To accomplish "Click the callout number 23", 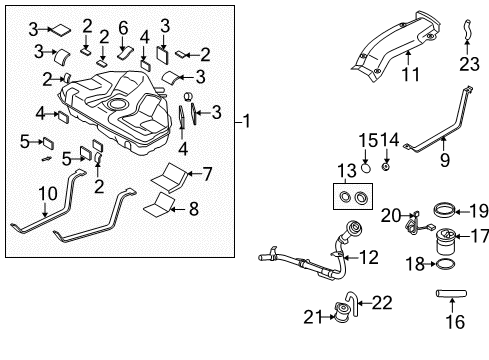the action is click(x=469, y=64).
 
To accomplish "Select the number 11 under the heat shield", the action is click(x=411, y=74).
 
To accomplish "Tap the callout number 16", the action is click(x=455, y=322).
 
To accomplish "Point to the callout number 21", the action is click(x=313, y=317).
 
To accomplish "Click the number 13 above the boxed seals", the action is click(x=347, y=171).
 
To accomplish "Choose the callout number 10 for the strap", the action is click(x=48, y=194).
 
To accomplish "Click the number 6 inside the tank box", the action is click(x=123, y=28).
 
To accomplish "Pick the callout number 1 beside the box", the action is click(x=246, y=121).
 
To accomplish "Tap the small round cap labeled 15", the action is click(x=366, y=168).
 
